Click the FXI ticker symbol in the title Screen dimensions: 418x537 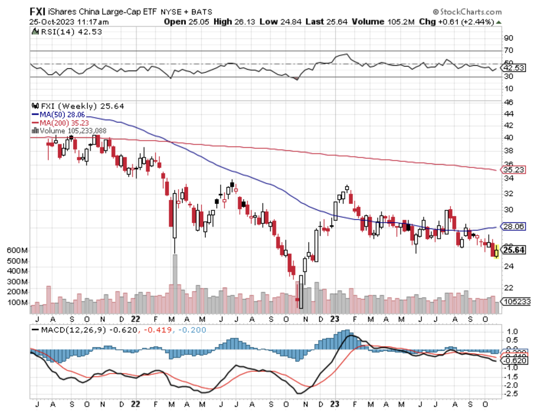(37, 11)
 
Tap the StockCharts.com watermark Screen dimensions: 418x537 (467, 12)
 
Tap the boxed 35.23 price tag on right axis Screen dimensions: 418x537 (514, 170)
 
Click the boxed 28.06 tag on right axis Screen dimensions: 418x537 (514, 227)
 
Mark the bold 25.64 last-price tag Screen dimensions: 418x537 (514, 250)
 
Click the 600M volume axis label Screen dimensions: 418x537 (17, 250)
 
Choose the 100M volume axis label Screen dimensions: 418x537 (17, 303)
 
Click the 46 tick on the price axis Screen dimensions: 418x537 (508, 102)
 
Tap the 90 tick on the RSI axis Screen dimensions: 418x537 (508, 38)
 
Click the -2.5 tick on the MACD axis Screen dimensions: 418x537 (512, 394)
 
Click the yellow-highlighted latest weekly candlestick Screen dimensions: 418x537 (496, 252)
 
